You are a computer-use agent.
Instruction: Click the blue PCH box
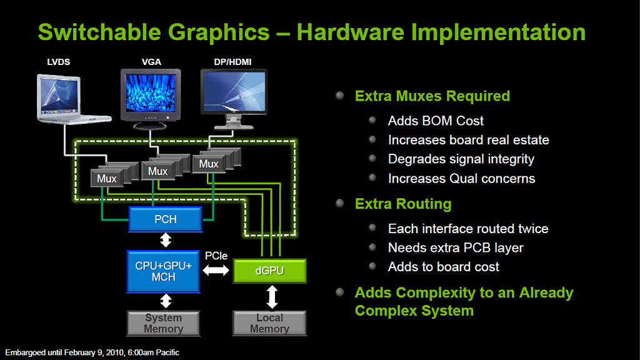coord(165,219)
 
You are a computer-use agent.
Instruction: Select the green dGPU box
coord(269,271)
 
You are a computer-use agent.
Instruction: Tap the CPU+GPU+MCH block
coord(163,271)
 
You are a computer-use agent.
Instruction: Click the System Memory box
coord(163,323)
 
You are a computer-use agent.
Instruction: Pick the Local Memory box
coord(269,323)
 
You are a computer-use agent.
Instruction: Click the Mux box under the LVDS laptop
coord(106,178)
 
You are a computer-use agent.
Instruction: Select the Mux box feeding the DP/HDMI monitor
coord(209,164)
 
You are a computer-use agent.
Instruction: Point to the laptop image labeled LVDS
coord(74,99)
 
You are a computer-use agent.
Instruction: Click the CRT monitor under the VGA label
coord(151,99)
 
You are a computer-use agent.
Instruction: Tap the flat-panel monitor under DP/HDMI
coord(234,99)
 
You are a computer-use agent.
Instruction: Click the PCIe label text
coord(216,256)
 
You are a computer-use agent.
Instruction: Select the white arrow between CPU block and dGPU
coord(216,270)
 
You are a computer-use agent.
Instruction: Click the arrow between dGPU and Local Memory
coord(272,297)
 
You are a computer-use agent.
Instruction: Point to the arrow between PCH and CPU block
coord(165,240)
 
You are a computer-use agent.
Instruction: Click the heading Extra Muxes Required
coord(432,96)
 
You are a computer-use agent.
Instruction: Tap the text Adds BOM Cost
coord(436,121)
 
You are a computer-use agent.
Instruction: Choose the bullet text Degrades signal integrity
coord(461,159)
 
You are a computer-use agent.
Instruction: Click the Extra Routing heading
coord(403,204)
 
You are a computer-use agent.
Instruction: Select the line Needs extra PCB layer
coord(456,247)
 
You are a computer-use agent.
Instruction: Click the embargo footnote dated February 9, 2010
coord(92,352)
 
